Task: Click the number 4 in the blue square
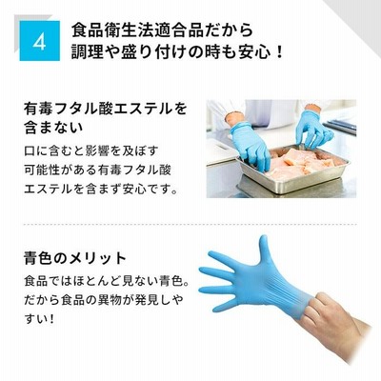tap(39, 41)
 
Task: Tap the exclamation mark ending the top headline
tap(279, 52)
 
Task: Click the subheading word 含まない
tap(53, 127)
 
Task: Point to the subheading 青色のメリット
tap(75, 257)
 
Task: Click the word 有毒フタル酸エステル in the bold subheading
tap(97, 109)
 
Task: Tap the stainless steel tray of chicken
tap(293, 170)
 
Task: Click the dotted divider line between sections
tap(190, 224)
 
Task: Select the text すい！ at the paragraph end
tap(38, 318)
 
